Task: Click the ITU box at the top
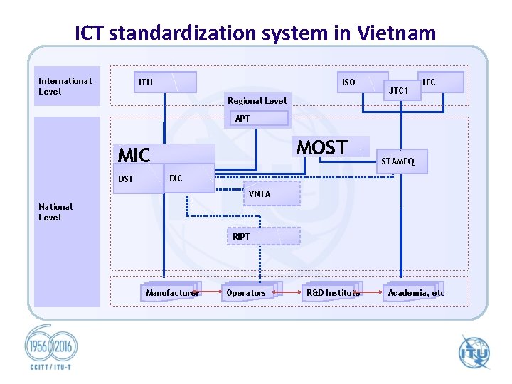[164, 82]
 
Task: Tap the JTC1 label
[398, 91]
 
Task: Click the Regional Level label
[257, 101]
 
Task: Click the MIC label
[134, 155]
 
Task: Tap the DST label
[126, 179]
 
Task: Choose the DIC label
[176, 178]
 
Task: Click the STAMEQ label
[398, 161]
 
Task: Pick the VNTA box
[271, 193]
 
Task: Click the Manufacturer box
[171, 292]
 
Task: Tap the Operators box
[247, 292]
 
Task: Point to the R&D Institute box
[333, 292]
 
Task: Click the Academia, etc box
[416, 292]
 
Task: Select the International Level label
[65, 86]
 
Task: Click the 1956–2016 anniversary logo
[50, 348]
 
